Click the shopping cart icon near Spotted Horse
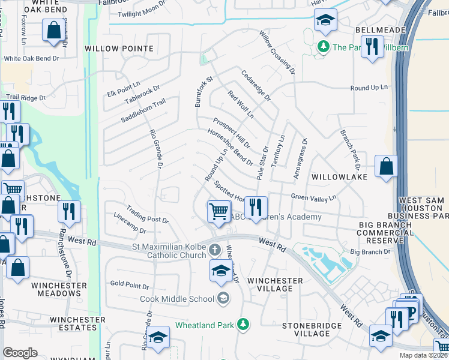tap(218, 211)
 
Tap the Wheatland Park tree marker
tap(243, 325)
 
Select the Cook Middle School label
tap(177, 299)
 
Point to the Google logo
tap(20, 353)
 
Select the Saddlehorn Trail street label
tap(143, 112)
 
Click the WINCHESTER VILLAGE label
tap(275, 284)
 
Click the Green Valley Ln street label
tap(313, 197)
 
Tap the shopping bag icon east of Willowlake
tap(387, 166)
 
